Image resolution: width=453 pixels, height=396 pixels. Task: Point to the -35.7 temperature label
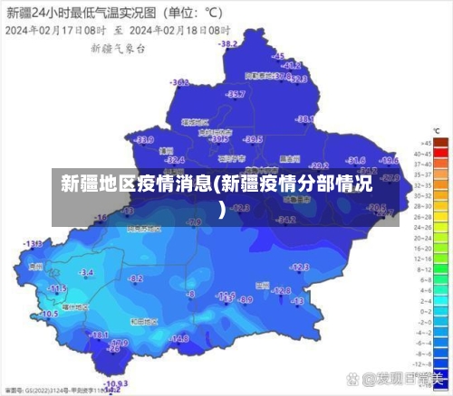[236, 94]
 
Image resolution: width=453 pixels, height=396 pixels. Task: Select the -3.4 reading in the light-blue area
[86, 271]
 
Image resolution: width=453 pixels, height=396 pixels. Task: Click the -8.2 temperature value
[136, 279]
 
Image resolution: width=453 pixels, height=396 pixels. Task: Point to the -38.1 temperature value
[306, 119]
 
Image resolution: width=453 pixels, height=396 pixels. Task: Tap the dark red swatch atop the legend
[441, 142]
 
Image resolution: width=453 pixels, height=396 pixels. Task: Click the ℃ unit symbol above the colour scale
[437, 132]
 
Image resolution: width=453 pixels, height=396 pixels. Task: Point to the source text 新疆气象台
[119, 47]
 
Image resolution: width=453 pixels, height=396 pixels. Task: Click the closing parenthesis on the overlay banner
[223, 210]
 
